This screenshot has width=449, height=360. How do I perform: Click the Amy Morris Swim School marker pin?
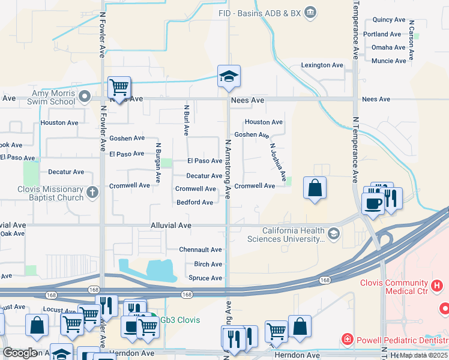click(85, 97)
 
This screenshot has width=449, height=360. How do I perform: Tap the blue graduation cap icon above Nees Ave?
click(229, 77)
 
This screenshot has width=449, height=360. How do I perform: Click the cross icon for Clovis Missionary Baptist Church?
click(92, 192)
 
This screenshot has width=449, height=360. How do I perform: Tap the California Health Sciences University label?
click(294, 235)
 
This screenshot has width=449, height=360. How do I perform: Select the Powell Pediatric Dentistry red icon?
click(346, 340)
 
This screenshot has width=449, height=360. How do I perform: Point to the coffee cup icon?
click(373, 203)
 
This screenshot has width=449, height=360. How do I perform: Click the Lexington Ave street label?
click(322, 65)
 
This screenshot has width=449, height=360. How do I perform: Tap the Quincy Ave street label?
click(389, 20)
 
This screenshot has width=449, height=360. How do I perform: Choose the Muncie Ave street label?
click(389, 61)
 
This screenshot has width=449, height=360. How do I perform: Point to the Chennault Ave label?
click(200, 250)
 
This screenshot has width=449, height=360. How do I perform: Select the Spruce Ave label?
click(205, 278)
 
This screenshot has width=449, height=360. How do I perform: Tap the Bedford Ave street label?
click(194, 202)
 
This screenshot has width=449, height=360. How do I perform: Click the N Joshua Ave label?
click(278, 162)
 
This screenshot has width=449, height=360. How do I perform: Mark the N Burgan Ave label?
click(158, 163)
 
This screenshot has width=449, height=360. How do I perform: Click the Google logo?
click(20, 353)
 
